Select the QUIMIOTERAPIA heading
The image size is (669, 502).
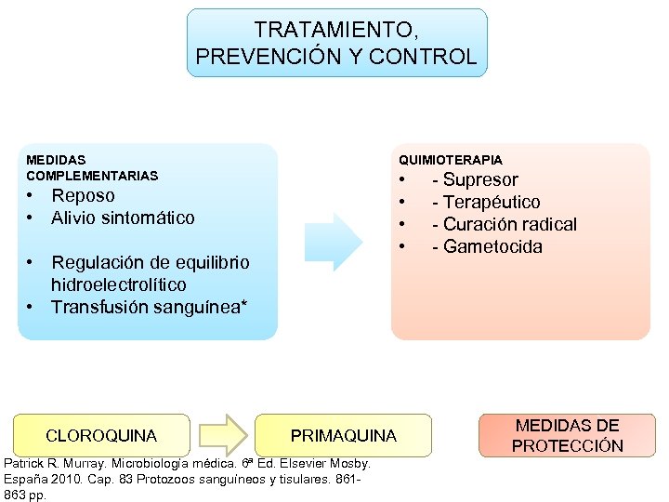[x=450, y=160]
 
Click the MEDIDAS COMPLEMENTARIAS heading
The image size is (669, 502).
[x=92, y=167]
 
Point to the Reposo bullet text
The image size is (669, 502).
[x=84, y=195]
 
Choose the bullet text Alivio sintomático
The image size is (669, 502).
[x=123, y=218]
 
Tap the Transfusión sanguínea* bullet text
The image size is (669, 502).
[x=149, y=307]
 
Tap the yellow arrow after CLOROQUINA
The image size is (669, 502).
[x=223, y=435]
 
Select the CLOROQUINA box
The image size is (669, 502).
[x=101, y=435]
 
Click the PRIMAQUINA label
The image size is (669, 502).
[x=343, y=435]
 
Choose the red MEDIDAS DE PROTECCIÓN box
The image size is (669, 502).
[x=567, y=435]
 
